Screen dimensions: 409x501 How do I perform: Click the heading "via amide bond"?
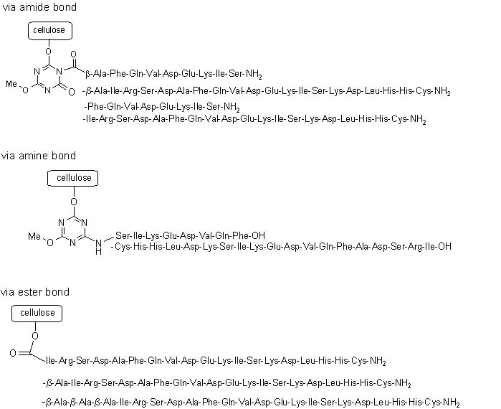[39, 7]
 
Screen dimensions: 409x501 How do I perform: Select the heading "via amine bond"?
[39, 156]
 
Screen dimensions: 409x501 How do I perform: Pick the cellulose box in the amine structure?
[73, 178]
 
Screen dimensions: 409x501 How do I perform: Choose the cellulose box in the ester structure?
[37, 313]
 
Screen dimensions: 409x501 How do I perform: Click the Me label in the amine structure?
[35, 235]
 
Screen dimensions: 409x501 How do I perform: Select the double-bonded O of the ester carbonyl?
[13, 353]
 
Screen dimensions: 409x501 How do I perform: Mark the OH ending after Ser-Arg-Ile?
[444, 247]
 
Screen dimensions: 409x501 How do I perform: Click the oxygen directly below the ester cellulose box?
[35, 335]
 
